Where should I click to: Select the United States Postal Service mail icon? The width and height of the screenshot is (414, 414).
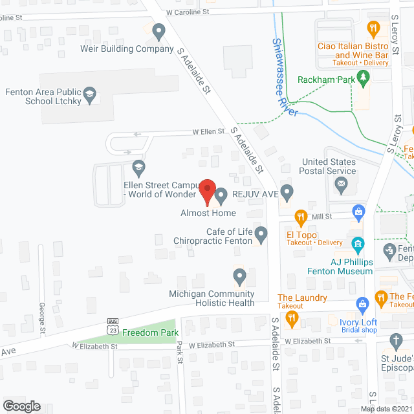[341, 186]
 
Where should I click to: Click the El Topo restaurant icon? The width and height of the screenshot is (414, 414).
[300, 216]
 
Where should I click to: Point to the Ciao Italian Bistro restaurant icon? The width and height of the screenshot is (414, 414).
[373, 28]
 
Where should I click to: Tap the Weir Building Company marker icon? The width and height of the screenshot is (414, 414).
[158, 30]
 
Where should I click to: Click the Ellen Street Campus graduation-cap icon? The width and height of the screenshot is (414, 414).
[138, 169]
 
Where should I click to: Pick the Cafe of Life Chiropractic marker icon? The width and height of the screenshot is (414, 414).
[261, 233]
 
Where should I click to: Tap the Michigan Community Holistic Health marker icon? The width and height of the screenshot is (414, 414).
[239, 278]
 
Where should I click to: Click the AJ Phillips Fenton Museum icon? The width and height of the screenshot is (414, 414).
[356, 245]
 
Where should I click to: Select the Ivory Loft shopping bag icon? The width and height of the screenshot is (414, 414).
[363, 303]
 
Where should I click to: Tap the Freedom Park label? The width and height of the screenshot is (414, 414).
[142, 334]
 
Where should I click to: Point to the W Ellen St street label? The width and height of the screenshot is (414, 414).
[208, 131]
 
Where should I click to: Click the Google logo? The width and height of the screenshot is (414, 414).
[21, 406]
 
